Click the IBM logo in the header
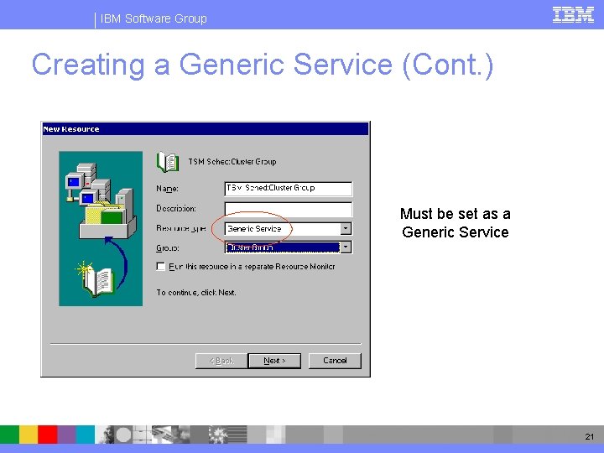tap(573, 14)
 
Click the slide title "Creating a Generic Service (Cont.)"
tap(262, 65)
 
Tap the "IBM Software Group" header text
tap(154, 18)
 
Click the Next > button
tap(274, 361)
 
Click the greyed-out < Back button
tap(221, 361)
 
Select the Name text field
tap(288, 189)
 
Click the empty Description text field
tap(288, 209)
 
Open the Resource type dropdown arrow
tap(346, 228)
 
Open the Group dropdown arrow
tap(346, 247)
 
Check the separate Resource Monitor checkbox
tap(161, 267)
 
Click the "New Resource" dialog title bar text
tap(71, 129)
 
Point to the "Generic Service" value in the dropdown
tap(255, 228)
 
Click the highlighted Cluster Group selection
tap(251, 247)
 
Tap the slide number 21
tap(588, 436)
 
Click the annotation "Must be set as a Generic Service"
tap(456, 223)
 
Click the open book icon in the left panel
tap(98, 280)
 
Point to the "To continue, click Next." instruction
tap(196, 293)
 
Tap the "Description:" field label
tap(176, 208)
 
